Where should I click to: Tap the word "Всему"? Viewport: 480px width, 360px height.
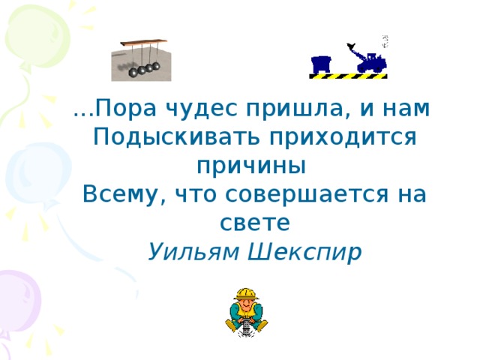(x=124, y=194)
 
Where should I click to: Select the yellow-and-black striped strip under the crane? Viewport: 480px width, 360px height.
(x=349, y=76)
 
